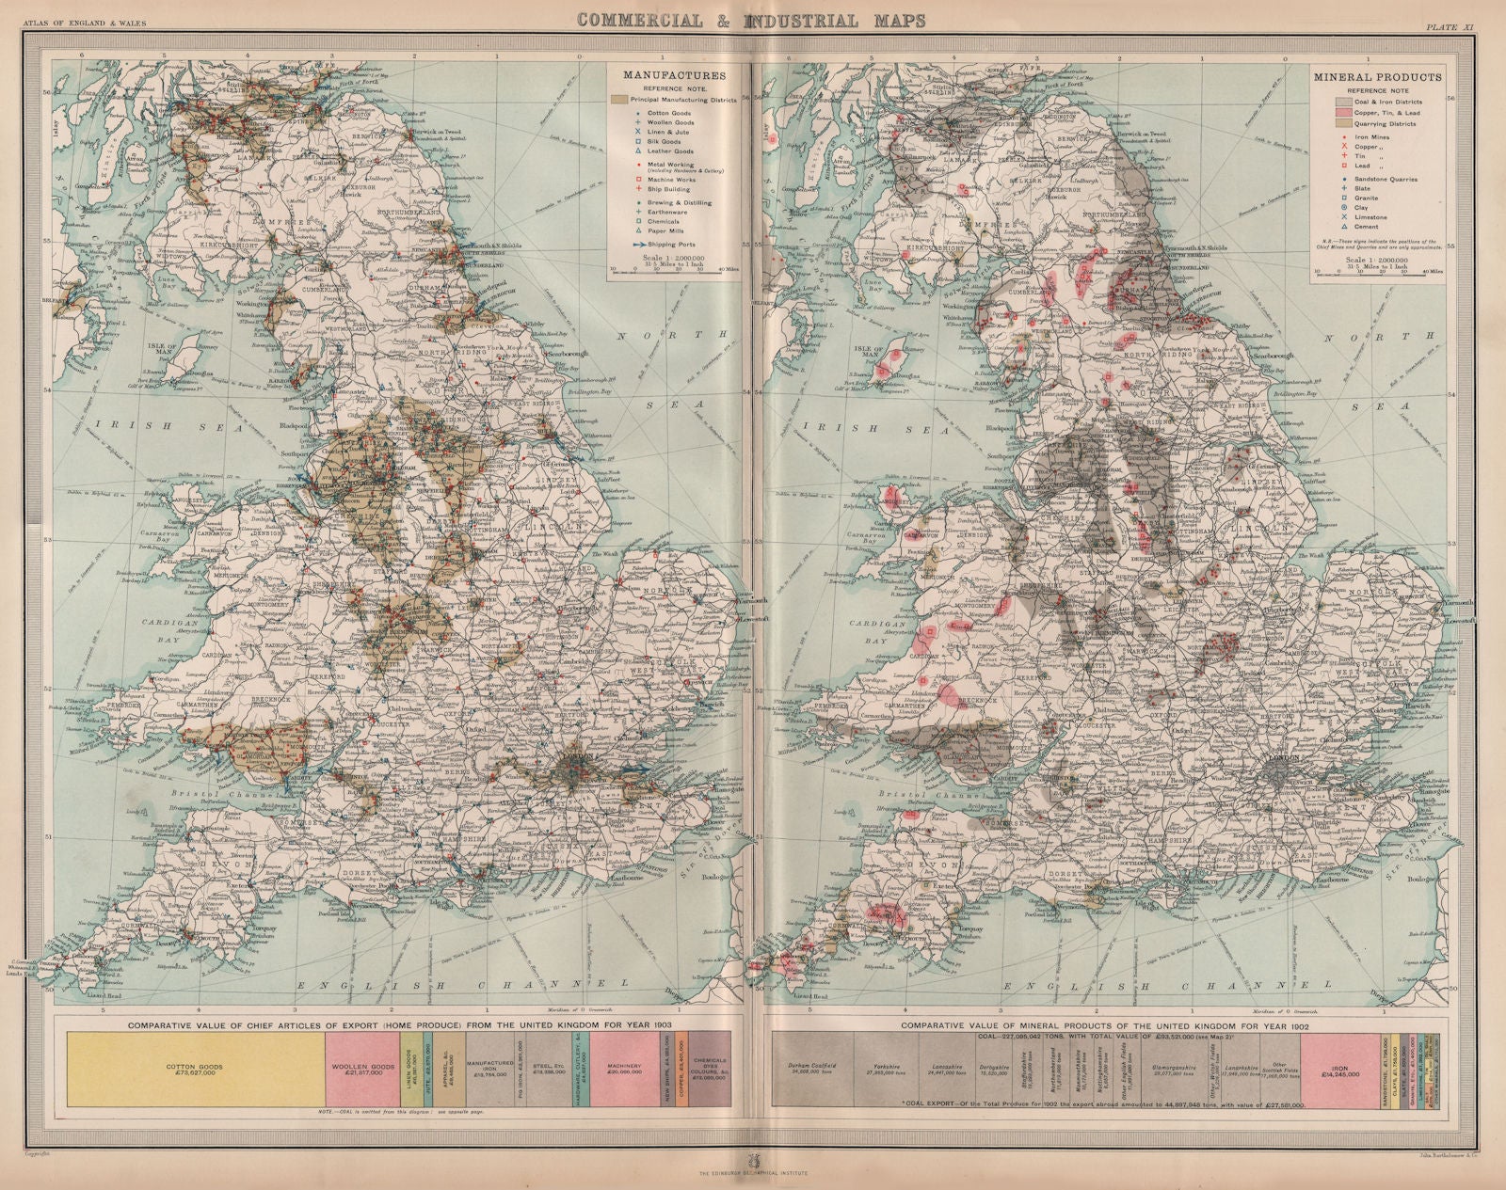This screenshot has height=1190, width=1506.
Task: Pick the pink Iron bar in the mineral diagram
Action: (1339, 1073)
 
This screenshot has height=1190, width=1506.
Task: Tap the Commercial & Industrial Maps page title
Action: (750, 20)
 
